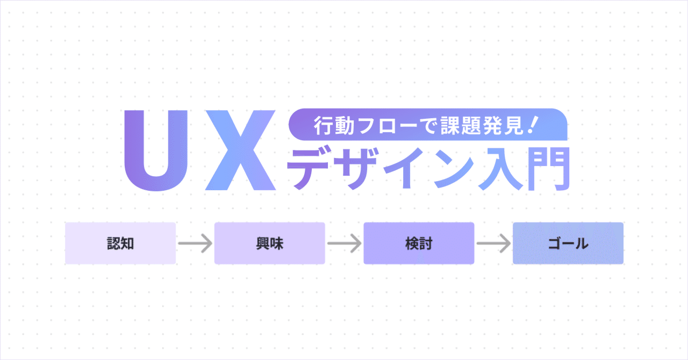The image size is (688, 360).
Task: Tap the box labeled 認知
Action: point(120,243)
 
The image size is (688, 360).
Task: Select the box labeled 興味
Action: point(270,243)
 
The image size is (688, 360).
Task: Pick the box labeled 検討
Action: point(419,243)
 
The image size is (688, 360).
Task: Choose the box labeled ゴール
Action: point(568,243)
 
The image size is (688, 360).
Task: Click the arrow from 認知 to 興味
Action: point(195,244)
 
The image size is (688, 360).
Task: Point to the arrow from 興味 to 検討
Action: point(344,244)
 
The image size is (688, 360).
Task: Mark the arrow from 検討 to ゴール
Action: point(493,244)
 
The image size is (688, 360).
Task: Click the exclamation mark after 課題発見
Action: point(533,125)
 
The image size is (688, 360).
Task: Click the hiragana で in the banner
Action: point(423,127)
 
